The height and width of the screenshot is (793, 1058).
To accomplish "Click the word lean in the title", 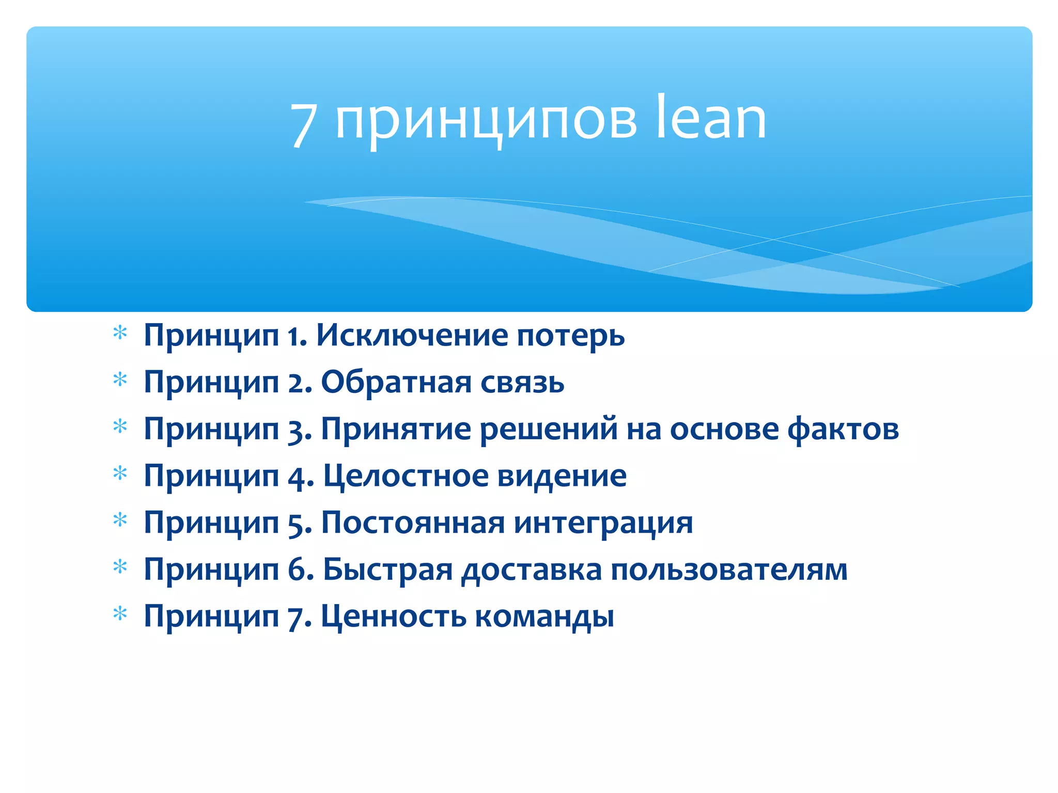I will coord(711,118).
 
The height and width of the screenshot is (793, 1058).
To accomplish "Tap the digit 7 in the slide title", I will coord(303,124).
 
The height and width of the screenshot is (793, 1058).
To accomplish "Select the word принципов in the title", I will coord(486,122).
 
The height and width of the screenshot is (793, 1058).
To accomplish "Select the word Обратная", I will coord(396,383).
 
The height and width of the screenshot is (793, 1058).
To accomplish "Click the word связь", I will coord(522,383).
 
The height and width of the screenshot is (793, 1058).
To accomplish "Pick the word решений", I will coord(549,430).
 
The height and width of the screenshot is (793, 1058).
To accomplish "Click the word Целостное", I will coord(406,476).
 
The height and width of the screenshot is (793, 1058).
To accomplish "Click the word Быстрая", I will coord(387,570).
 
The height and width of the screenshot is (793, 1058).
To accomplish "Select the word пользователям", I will coord(729,570).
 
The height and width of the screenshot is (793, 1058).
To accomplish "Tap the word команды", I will coord(544,617).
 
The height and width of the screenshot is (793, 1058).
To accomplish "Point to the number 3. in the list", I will coord(300,430).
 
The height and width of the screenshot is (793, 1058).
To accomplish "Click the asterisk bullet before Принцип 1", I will coord(120,334).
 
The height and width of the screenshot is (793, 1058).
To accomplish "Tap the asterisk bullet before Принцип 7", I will coord(120,614).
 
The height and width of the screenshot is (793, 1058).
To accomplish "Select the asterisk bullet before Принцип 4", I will coord(120,473).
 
